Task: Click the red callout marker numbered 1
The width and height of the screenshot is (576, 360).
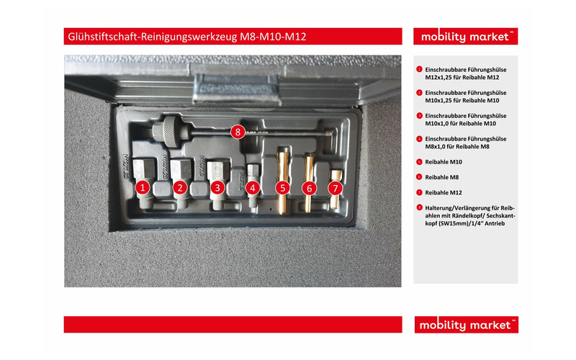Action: (143, 188)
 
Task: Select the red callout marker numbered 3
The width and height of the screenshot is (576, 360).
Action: (217, 188)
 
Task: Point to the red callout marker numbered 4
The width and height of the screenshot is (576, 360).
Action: (252, 188)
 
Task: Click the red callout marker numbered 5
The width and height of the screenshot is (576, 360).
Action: (282, 188)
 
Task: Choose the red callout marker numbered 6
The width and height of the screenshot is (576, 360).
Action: (310, 188)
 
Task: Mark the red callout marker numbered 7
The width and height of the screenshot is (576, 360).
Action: (335, 188)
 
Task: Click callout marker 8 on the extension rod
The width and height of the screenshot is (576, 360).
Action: (238, 132)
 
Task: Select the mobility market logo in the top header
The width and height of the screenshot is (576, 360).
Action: (465, 37)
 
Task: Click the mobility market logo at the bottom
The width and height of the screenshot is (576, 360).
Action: (465, 325)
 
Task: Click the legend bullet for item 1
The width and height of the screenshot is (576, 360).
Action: (419, 69)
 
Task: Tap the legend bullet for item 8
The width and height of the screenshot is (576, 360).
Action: (419, 208)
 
